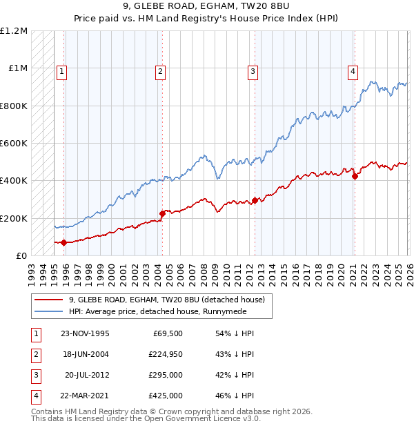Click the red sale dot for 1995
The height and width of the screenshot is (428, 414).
tap(63, 242)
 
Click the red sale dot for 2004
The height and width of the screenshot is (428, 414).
tap(162, 213)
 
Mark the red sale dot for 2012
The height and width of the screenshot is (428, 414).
tap(255, 200)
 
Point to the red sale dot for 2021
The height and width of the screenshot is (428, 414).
tap(355, 176)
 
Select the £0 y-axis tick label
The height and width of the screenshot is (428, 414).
tap(22, 255)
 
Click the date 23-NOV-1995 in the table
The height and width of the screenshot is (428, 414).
tap(85, 333)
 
